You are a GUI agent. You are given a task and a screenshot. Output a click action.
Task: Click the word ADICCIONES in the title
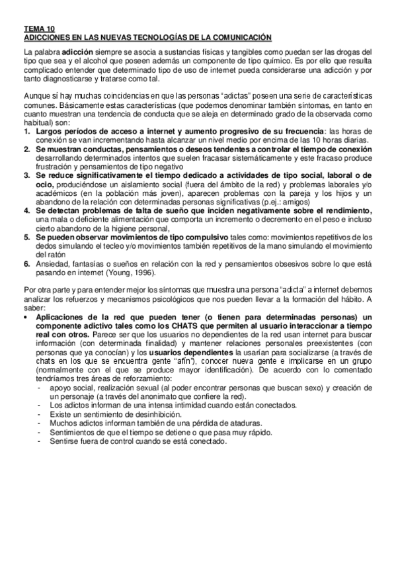48,38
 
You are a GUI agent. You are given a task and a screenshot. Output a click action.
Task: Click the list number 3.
26,175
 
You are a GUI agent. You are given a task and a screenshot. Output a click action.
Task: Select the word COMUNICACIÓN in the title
231,38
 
